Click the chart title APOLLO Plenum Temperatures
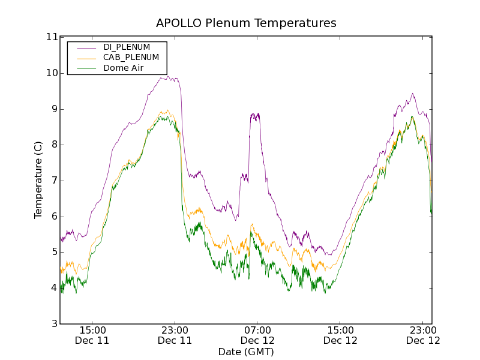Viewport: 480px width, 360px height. tap(246, 23)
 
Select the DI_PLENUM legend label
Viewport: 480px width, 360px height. tap(127, 47)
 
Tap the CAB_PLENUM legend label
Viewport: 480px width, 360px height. tap(131, 58)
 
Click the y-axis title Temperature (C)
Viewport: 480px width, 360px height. tap(38, 180)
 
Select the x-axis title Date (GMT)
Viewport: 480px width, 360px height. tap(246, 352)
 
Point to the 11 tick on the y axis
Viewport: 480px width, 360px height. tap(52, 37)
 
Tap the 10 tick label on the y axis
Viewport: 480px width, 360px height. tap(52, 73)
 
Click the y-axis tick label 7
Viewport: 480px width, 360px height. tap(54, 181)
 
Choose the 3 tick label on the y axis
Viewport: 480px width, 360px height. tap(54, 324)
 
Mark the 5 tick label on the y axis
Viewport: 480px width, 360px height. tap(54, 252)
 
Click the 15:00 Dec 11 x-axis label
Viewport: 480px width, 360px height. tap(92, 335)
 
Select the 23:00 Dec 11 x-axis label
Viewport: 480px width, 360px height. tap(175, 335)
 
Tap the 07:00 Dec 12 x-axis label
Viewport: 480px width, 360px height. tap(257, 335)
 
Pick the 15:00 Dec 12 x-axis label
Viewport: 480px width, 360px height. tap(340, 335)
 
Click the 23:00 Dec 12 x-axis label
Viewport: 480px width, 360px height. tap(422, 335)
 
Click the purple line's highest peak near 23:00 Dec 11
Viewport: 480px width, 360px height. tap(169, 76)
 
